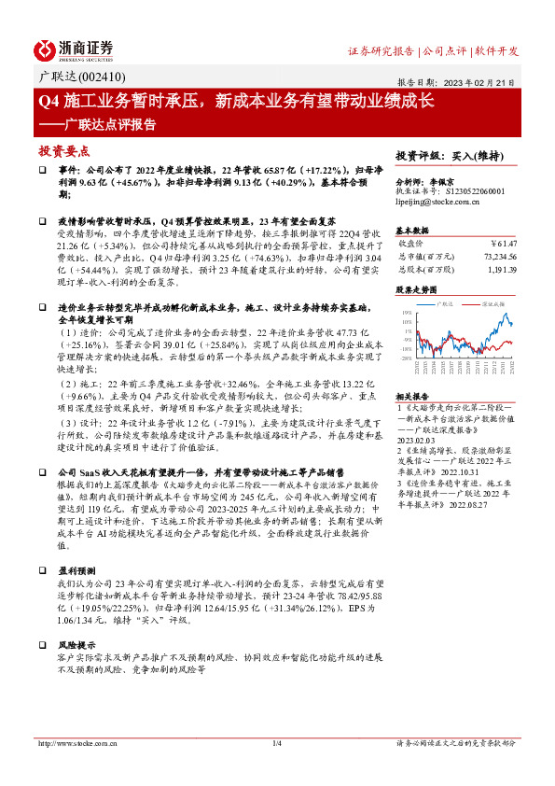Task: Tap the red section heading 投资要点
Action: click(x=63, y=150)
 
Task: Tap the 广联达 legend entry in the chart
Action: click(x=447, y=303)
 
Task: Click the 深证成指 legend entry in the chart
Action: click(x=493, y=303)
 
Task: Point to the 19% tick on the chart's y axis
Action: click(x=407, y=313)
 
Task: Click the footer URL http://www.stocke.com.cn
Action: click(x=74, y=743)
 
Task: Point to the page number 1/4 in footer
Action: click(x=276, y=743)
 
